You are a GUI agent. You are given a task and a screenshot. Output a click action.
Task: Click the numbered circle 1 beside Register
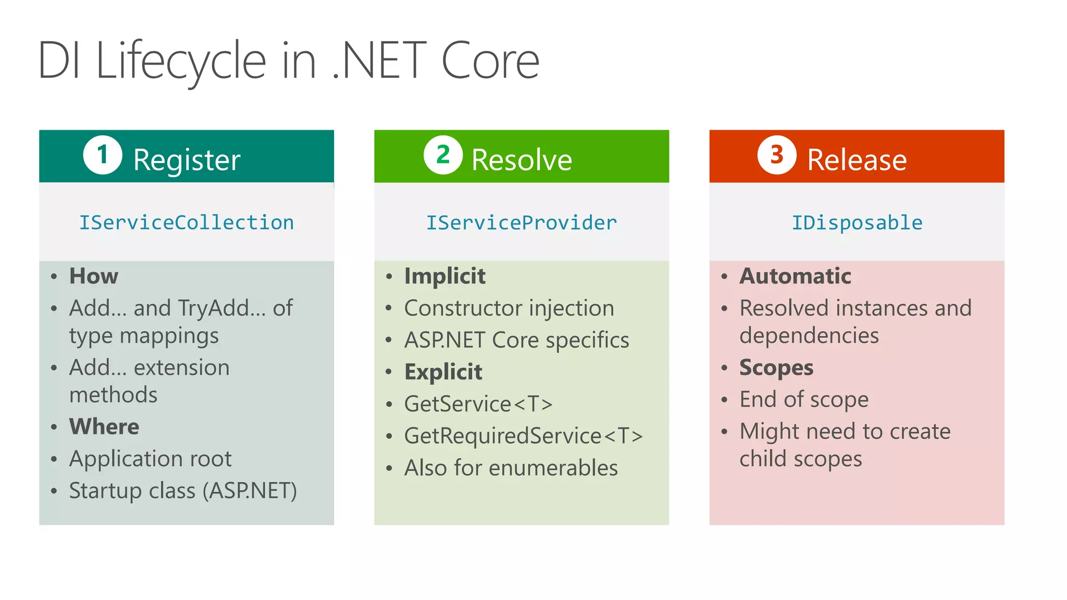point(103,155)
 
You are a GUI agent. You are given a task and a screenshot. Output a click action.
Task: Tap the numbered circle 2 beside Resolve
point(443,155)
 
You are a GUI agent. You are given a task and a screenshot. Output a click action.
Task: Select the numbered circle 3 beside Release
point(777,155)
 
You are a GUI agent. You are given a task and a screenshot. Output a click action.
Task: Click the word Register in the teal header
point(187,160)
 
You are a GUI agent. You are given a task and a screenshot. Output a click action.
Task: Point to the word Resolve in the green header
point(522,160)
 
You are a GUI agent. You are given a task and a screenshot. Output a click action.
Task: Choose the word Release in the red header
point(857,160)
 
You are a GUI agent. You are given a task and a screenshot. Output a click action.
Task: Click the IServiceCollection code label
point(187,223)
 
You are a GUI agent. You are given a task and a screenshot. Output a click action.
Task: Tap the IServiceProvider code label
point(522,223)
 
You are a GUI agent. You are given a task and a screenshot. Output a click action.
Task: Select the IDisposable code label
point(857,223)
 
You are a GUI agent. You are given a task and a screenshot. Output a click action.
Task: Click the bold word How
point(94,276)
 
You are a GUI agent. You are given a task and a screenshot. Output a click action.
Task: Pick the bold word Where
point(104,427)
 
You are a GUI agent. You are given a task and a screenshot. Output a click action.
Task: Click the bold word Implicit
point(445,276)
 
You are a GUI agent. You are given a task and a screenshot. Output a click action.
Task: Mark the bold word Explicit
point(443,372)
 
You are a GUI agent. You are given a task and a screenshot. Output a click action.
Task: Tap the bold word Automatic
point(795,276)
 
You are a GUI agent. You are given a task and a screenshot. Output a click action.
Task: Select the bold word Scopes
point(776,368)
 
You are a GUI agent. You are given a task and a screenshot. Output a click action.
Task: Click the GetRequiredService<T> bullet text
point(524,436)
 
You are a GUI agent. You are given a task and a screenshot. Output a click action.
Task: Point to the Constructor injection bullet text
point(509,308)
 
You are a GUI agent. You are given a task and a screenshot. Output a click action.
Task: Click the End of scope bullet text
point(804,399)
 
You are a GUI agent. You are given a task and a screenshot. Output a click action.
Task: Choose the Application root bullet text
point(150,459)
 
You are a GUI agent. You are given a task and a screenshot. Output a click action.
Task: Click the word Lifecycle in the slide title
point(181,61)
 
